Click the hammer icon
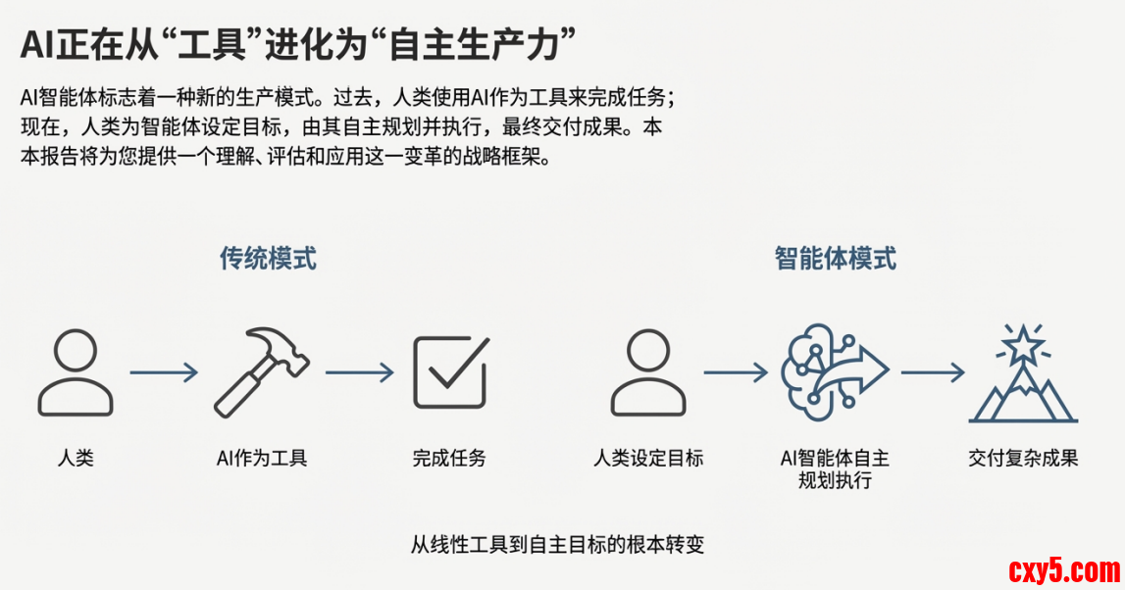(261, 371)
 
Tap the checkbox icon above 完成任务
(450, 371)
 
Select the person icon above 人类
(76, 372)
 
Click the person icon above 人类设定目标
(648, 372)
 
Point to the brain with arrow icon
(833, 371)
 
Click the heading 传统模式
(268, 259)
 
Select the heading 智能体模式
(835, 259)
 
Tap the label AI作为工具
(262, 458)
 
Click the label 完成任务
(449, 458)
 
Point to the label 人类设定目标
(648, 458)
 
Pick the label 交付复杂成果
(1023, 458)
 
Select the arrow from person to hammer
(163, 372)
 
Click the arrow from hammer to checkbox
(359, 372)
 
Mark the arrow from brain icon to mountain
(933, 372)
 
